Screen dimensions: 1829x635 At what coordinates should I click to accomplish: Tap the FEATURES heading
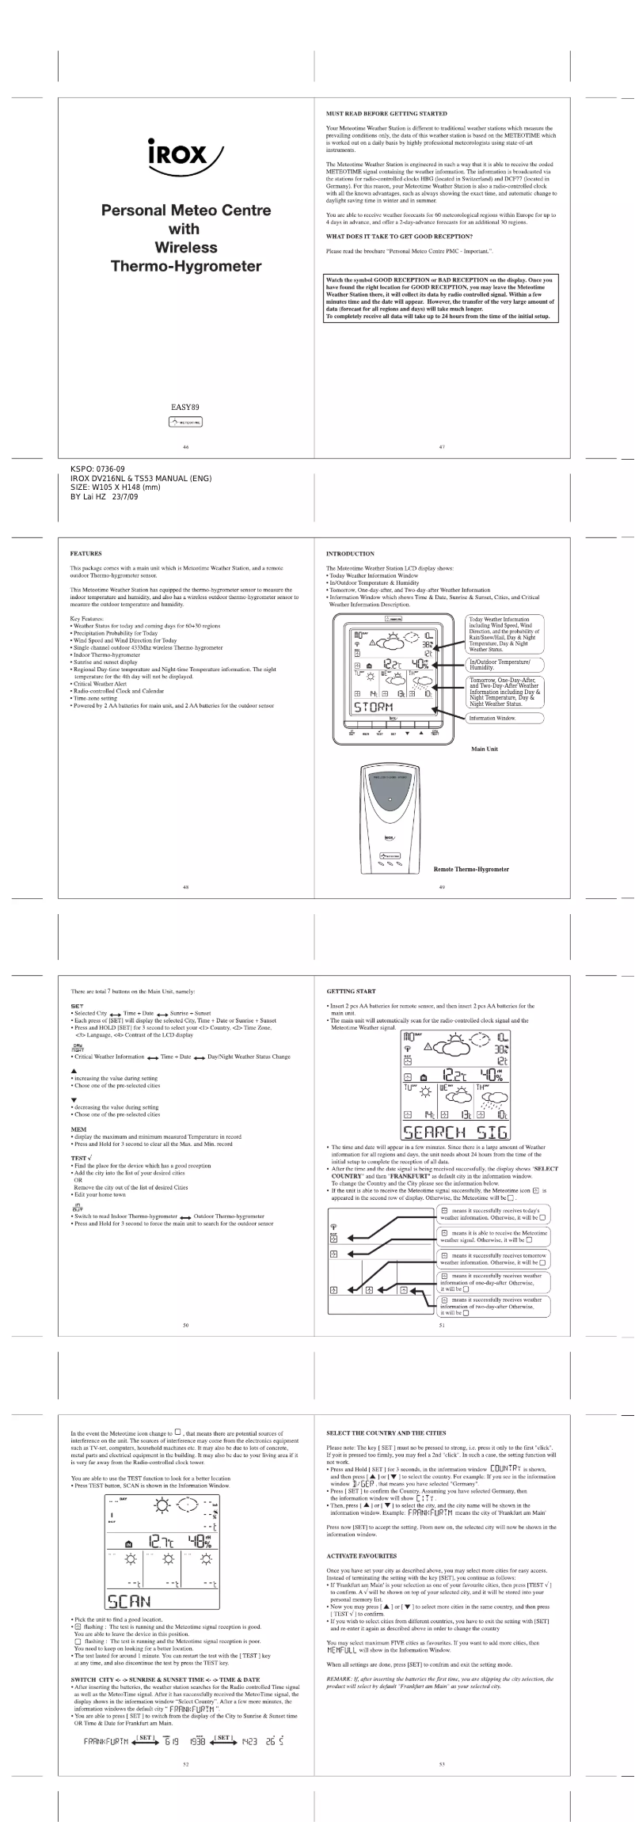86,554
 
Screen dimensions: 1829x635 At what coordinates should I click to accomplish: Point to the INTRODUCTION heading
350,554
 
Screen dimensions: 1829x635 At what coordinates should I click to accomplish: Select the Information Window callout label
492,718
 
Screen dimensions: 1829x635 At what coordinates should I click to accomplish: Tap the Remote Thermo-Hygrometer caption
471,869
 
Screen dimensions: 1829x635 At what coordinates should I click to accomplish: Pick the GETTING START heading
352,991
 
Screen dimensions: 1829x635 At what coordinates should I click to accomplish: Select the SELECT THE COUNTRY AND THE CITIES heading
386,1433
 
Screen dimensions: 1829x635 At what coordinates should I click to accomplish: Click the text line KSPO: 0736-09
97,469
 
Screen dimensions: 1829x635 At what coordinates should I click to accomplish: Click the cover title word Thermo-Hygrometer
185,266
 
